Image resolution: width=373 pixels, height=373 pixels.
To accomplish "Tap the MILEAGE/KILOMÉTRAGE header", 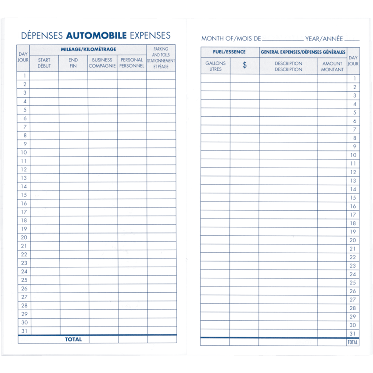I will pos(88,50).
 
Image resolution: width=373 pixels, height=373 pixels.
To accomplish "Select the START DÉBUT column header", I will pos(44,63).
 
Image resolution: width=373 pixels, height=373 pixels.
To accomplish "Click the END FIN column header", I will pos(73,63).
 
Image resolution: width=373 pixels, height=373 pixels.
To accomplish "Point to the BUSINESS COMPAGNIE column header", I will pos(102,63).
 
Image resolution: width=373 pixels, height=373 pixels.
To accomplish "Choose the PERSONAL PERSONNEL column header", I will pos(132,63).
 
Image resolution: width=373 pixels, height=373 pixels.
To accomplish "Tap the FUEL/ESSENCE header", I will pos(229,52).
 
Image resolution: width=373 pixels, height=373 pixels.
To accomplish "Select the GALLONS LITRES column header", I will pos(215,66).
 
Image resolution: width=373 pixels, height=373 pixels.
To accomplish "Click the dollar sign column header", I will pos(244,65).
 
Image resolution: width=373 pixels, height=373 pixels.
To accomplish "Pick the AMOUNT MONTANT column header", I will pos(332,66).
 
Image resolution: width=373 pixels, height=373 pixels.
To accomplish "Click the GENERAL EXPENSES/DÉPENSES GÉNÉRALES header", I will pos(303,52).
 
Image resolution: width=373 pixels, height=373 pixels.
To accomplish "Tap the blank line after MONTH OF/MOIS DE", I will pos(283,39).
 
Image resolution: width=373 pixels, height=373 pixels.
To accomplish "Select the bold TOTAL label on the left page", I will pos(73,339).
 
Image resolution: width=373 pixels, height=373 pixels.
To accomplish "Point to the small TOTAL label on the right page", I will pos(353,342).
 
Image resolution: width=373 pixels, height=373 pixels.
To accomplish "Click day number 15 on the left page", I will pos(24,195).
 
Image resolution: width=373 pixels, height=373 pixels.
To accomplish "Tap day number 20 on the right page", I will pos(353,240).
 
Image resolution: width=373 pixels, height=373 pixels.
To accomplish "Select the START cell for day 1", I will pos(44,75).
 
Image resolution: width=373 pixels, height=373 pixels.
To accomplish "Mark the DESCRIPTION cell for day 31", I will pos(288,334).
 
